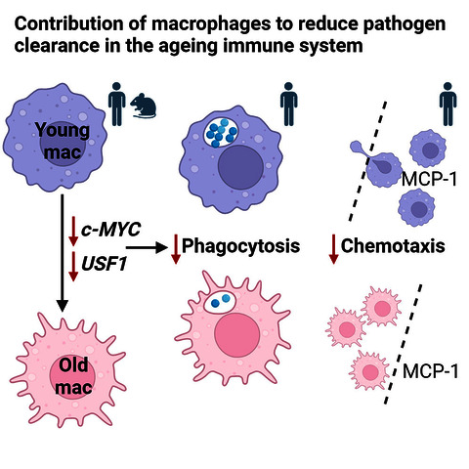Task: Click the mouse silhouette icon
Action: (x=144, y=106)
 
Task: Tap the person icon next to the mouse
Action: (x=116, y=104)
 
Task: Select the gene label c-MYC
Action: (x=110, y=230)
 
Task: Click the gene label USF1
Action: (x=104, y=264)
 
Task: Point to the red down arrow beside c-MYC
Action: (x=73, y=231)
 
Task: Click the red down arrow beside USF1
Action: (x=73, y=267)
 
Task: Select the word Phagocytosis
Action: (x=240, y=246)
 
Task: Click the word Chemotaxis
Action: (x=393, y=245)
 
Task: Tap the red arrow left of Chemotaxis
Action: (x=333, y=249)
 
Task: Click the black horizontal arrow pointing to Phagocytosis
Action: (x=147, y=248)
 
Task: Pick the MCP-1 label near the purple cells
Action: (x=429, y=179)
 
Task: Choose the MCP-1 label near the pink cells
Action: (x=431, y=371)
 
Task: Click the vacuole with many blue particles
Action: (x=221, y=133)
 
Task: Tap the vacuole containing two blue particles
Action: (x=220, y=302)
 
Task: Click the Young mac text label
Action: (x=63, y=142)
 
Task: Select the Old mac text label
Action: (x=73, y=376)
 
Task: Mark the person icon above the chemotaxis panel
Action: (x=448, y=104)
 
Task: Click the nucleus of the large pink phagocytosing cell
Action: (x=237, y=335)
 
